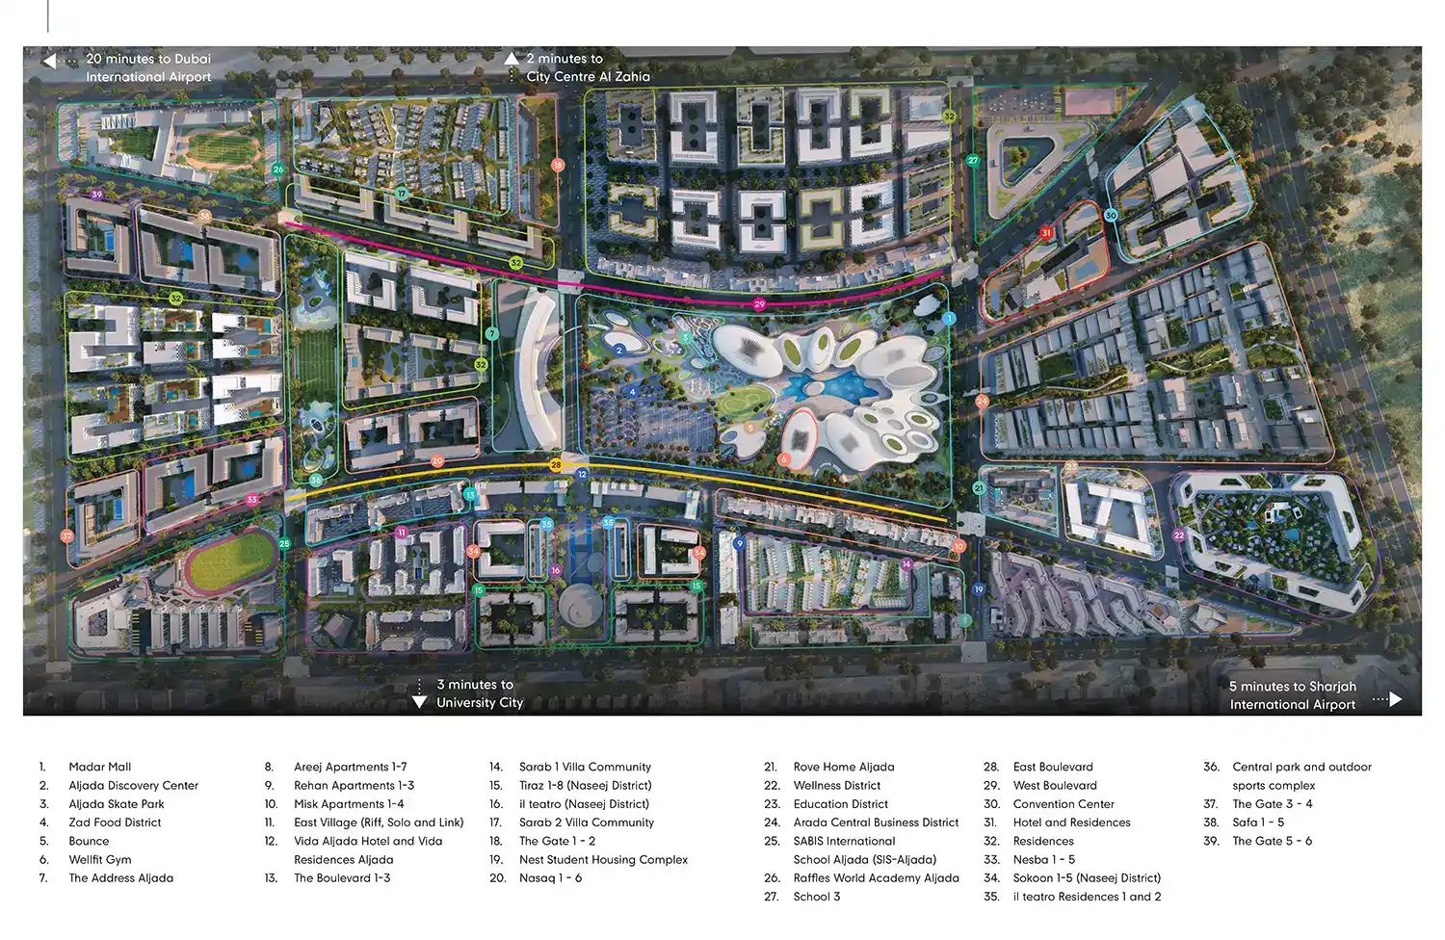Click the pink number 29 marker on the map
(759, 304)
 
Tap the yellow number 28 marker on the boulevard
(556, 465)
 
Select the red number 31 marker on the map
(1046, 233)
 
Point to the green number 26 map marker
(278, 170)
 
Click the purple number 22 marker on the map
(1179, 535)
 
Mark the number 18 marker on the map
(557, 166)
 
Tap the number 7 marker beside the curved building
(492, 334)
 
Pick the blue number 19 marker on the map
(979, 589)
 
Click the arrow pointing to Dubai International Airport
(49, 61)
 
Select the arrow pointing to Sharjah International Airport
(1395, 698)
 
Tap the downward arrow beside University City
(419, 702)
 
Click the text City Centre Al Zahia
(588, 77)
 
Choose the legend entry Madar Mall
(100, 767)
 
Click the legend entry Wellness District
(836, 786)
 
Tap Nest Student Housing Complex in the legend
(603, 860)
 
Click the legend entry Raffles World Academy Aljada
(876, 878)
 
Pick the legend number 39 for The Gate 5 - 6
(1211, 841)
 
